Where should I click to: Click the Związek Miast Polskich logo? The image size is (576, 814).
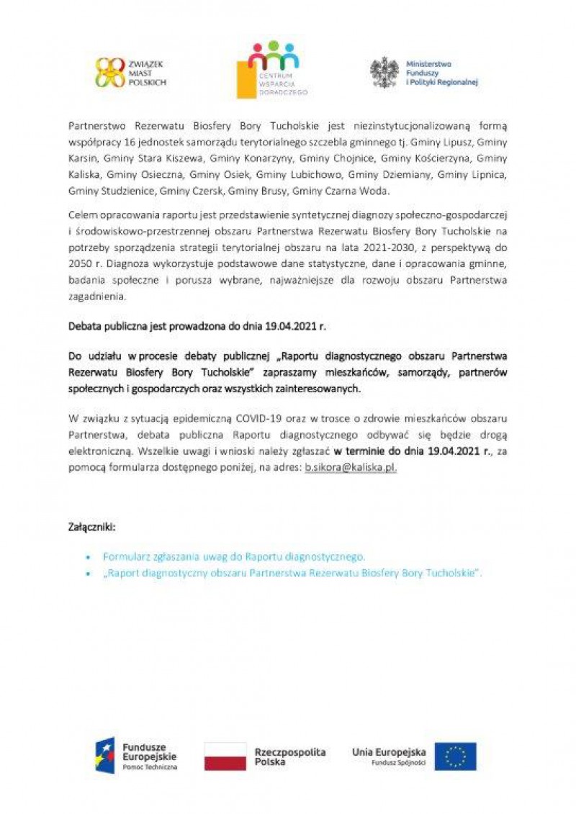tap(130, 72)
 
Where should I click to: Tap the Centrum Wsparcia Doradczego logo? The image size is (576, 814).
tap(272, 70)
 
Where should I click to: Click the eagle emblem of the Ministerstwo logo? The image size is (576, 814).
tap(384, 72)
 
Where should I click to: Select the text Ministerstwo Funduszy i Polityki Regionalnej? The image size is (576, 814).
tap(441, 73)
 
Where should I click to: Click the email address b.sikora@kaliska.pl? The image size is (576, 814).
tap(350, 467)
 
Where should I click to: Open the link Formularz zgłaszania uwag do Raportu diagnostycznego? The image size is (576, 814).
tap(234, 556)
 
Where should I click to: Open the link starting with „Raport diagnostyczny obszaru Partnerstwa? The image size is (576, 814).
tap(292, 573)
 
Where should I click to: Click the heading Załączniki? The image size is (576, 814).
tap(91, 527)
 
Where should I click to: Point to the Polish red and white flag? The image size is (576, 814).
tap(225, 756)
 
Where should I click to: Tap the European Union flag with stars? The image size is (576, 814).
tap(455, 756)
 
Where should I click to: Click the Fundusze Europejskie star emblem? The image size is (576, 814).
tap(105, 755)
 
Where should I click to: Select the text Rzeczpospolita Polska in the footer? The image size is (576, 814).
tap(290, 756)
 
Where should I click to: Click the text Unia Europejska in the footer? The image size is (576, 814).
tap(389, 752)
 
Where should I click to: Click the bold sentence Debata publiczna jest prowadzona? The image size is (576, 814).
tap(197, 325)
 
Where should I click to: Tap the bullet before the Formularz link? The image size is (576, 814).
tap(88, 557)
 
